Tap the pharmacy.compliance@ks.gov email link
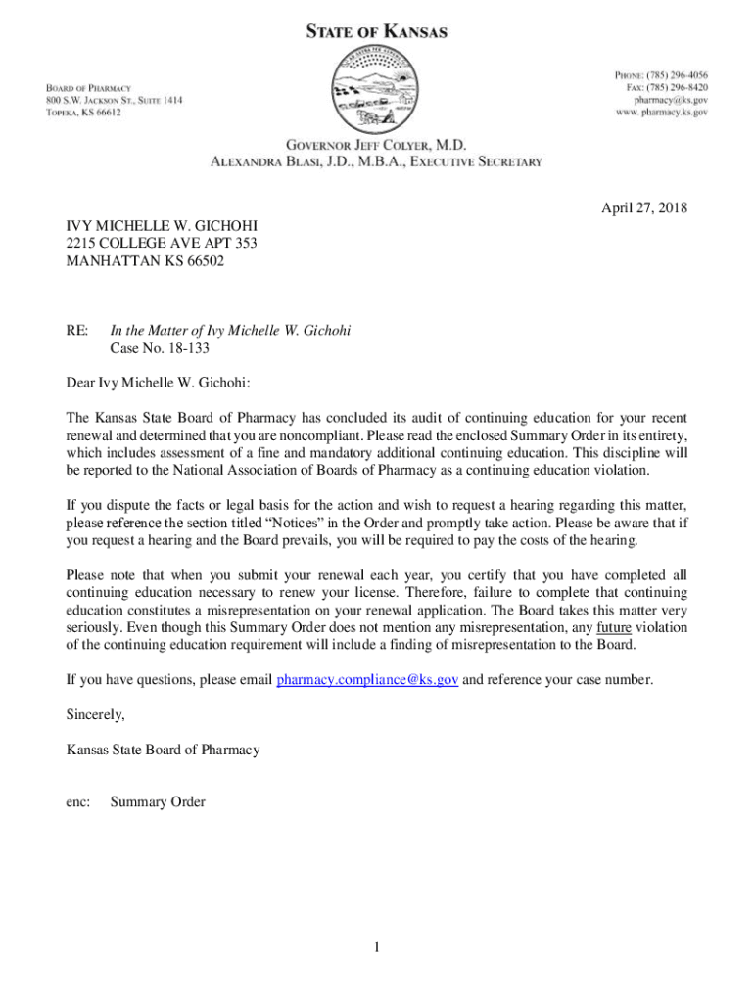(368, 680)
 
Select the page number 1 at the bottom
(375, 947)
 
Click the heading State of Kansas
(377, 32)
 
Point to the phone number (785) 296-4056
(675, 74)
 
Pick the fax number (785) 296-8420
(675, 87)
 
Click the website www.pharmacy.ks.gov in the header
(662, 113)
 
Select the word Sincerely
(95, 715)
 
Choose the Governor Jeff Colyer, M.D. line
(377, 145)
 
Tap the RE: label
(77, 331)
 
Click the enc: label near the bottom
(78, 802)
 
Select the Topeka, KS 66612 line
(83, 113)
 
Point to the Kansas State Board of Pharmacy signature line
(163, 750)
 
